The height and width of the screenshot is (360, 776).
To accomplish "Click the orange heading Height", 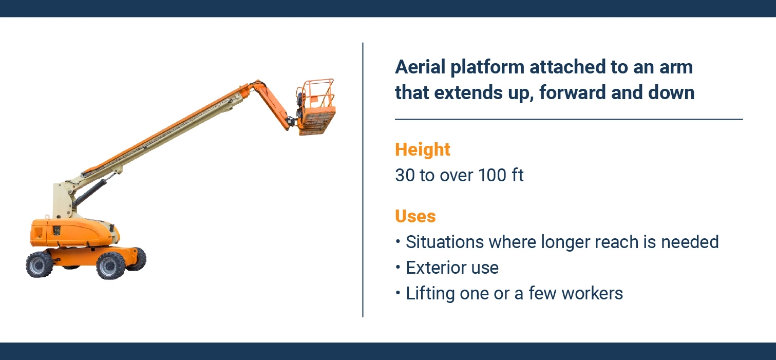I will [x=422, y=149].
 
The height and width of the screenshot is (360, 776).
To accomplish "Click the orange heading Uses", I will [x=415, y=216].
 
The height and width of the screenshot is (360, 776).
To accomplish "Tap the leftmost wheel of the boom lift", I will [x=40, y=264].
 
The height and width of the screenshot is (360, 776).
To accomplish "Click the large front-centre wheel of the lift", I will [x=110, y=265].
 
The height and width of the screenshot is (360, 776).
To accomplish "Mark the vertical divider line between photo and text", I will [x=363, y=180].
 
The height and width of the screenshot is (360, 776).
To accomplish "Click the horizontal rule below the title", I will [x=569, y=119].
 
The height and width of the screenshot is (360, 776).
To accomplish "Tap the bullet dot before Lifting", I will [x=398, y=293].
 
